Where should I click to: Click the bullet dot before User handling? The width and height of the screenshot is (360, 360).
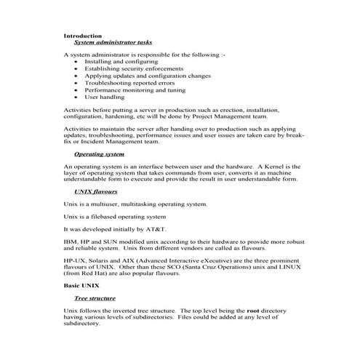(77, 96)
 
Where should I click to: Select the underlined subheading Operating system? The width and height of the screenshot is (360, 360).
(100, 154)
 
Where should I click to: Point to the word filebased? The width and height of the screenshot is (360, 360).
(103, 217)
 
